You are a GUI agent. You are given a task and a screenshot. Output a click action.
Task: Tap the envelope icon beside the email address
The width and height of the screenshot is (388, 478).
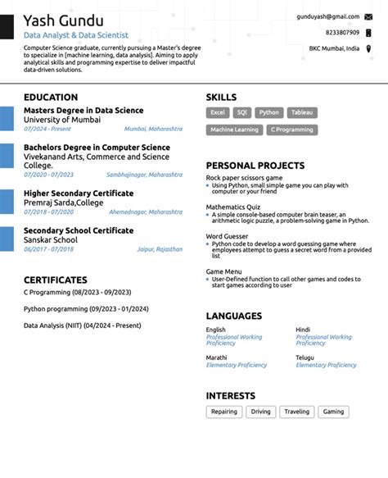pos(368,16)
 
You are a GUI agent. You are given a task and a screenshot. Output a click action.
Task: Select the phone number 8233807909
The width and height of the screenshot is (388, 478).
pos(342,32)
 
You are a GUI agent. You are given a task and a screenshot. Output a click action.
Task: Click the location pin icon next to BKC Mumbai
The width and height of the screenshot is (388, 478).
pos(368,48)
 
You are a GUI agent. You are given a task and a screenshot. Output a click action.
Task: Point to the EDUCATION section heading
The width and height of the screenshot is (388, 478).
pos(51,97)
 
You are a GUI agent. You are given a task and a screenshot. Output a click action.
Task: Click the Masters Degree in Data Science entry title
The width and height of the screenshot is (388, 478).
pos(83,110)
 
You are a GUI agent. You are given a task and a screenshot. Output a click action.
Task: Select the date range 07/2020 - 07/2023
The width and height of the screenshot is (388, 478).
pos(48,175)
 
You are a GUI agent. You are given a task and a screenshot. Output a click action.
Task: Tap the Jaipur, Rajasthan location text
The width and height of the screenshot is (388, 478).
pos(160,248)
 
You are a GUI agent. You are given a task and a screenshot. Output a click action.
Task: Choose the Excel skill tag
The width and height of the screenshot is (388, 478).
pos(218,112)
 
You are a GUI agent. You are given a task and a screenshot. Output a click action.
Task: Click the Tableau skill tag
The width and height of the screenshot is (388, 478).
pos(302,112)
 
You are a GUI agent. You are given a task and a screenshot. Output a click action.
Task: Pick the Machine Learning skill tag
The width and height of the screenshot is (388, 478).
pos(234,130)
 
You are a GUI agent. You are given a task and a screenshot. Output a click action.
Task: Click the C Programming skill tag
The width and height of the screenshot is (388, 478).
pos(292,130)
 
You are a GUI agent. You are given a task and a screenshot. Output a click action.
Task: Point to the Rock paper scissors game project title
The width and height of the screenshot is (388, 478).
pos(244,177)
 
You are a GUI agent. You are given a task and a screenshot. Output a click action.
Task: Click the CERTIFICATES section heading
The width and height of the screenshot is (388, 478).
pos(55,280)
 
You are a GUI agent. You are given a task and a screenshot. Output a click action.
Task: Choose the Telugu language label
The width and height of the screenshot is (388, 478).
pos(305,357)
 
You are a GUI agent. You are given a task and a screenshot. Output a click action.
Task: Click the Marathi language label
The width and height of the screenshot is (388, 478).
pos(216,357)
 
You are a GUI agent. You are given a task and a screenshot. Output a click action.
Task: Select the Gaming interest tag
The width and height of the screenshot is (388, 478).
pos(333,412)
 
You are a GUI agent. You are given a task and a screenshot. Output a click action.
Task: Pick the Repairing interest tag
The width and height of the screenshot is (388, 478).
pos(223,412)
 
